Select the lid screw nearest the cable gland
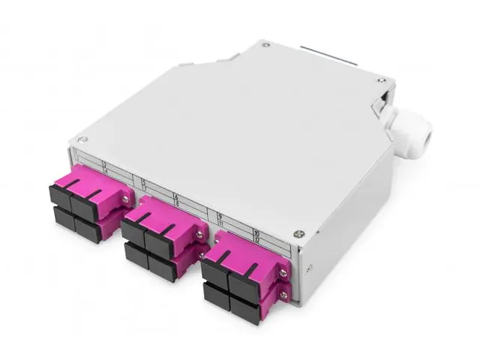382,79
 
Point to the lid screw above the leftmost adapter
83,139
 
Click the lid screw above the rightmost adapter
298,233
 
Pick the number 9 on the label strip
220,215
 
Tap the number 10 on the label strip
256,235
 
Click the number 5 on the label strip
143,182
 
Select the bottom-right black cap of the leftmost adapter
88,230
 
